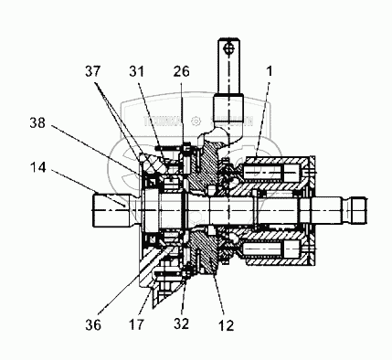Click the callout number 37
pos(92,71)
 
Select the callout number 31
pos(136,71)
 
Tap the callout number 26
pos(182,71)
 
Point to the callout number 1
pos(269,71)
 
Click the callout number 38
pos(37,122)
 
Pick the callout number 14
pos(38,167)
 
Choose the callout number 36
pos(93,325)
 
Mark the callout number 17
pos(136,324)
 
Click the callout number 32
pos(182,323)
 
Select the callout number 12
pos(226,325)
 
